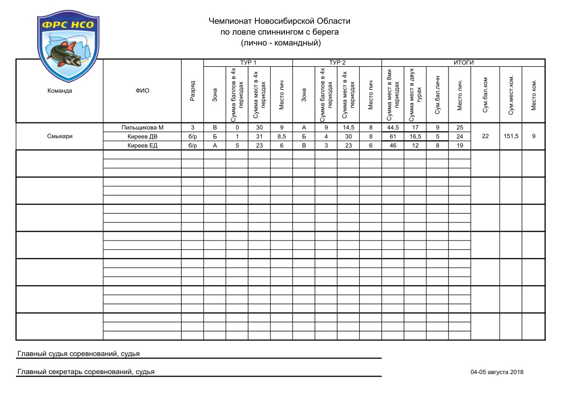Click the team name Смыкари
tap(60, 137)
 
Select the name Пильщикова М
tap(142, 128)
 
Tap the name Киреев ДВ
tap(142, 137)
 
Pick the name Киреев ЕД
tap(142, 145)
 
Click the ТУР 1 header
tap(248, 63)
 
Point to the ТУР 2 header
tap(337, 63)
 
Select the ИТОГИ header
tap(463, 63)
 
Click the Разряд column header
tap(193, 91)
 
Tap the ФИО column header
tap(142, 91)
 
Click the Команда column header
tap(60, 91)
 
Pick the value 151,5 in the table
tap(511, 137)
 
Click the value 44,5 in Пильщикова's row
tap(392, 128)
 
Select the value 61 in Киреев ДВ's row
tap(392, 137)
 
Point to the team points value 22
tap(485, 137)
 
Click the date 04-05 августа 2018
tap(497, 372)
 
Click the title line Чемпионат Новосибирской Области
tap(279, 21)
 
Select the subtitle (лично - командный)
tap(280, 43)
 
